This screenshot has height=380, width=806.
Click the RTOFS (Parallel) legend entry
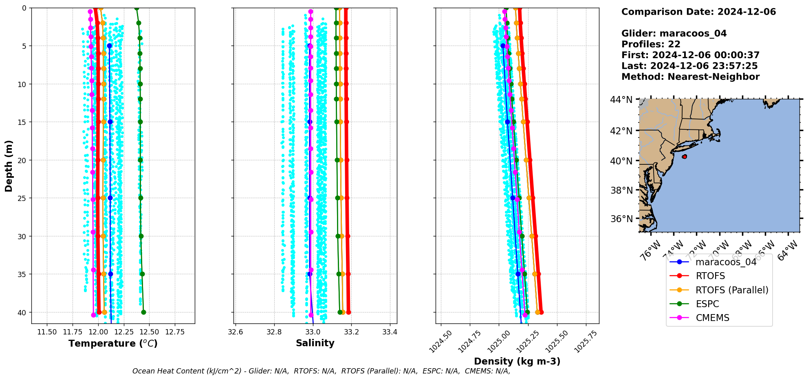[x=731, y=290]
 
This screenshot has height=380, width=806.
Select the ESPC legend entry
[x=707, y=304]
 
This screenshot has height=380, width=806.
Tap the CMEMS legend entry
[x=712, y=318]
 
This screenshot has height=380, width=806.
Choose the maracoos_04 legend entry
[x=726, y=262]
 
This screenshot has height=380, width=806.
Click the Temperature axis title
[x=113, y=343]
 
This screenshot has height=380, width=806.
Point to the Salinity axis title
[x=315, y=343]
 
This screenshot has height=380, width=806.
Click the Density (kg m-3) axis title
[x=517, y=361]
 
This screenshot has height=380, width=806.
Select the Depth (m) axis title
[x=9, y=166]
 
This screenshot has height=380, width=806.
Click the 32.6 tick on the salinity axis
[x=236, y=332]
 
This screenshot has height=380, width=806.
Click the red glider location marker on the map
[x=684, y=157]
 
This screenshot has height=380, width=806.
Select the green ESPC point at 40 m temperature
[x=143, y=312]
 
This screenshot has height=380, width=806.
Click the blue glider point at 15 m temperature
[x=110, y=122]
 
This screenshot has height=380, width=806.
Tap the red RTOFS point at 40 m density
[x=541, y=312]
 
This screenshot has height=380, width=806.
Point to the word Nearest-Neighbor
[x=714, y=77]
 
